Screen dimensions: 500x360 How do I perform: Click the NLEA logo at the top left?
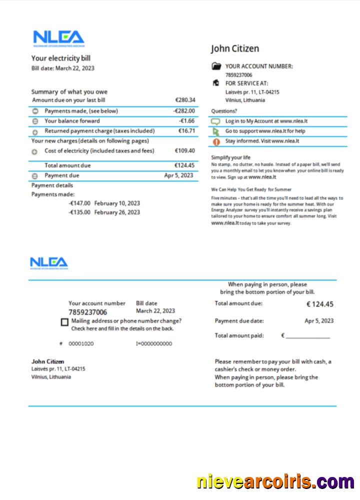click(x=58, y=38)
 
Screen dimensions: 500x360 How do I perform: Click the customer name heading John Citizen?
click(x=235, y=48)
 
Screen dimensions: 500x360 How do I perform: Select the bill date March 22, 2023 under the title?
click(x=74, y=68)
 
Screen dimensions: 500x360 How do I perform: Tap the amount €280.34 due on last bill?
click(x=185, y=100)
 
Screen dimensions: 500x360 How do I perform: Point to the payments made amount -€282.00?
click(x=184, y=111)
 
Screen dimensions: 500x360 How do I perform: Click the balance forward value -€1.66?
click(x=187, y=121)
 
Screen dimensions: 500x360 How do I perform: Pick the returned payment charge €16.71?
click(x=186, y=131)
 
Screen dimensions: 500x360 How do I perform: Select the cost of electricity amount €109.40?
click(x=184, y=150)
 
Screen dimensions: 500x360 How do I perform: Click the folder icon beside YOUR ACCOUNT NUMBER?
click(x=216, y=66)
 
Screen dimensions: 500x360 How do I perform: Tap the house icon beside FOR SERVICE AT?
click(x=216, y=83)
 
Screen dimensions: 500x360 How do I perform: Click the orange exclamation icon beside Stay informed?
click(x=216, y=141)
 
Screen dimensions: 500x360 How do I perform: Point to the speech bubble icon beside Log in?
click(x=216, y=121)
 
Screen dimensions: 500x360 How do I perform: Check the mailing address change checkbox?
click(x=64, y=322)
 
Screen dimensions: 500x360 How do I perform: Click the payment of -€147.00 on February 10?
click(x=79, y=203)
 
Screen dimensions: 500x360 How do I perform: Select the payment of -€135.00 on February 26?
click(x=79, y=212)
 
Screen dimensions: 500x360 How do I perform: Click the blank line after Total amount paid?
click(x=307, y=336)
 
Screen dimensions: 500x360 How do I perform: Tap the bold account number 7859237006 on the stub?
click(x=87, y=312)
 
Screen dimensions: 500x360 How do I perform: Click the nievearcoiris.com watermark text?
click(x=275, y=482)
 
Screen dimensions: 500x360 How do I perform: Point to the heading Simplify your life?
click(x=230, y=157)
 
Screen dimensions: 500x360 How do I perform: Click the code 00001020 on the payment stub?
click(x=81, y=344)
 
